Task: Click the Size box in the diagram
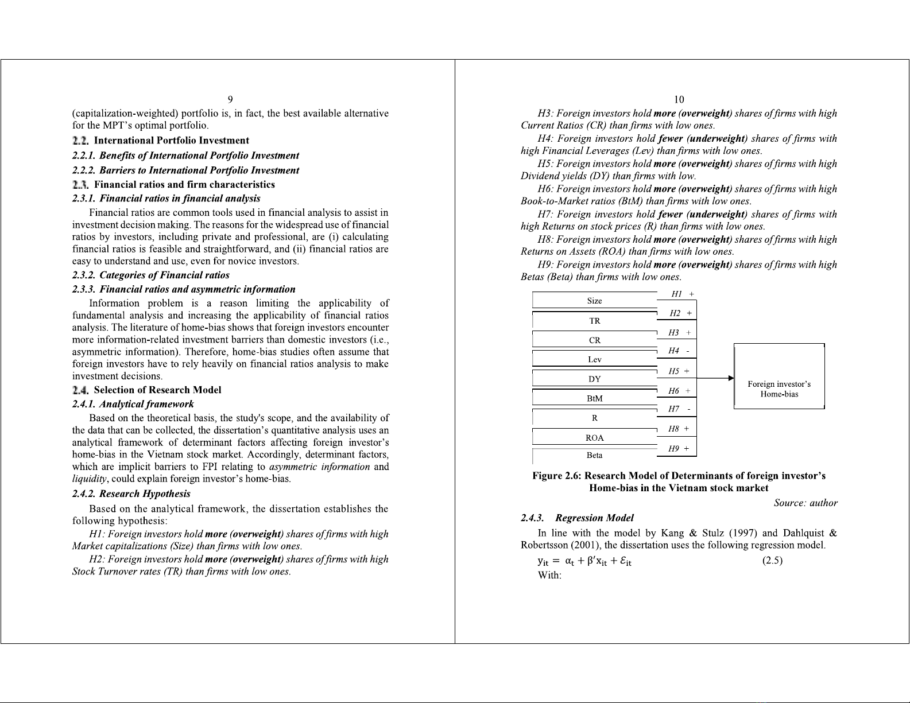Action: point(594,301)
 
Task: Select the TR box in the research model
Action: point(594,321)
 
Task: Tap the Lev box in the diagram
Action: point(594,359)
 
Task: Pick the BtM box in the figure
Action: point(594,398)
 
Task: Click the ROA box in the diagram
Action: point(594,438)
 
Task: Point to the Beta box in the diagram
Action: point(594,455)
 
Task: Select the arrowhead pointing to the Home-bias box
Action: point(731,378)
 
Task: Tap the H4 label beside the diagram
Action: point(674,351)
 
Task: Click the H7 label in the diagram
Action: point(674,409)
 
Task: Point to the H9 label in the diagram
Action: point(674,449)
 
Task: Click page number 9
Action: point(230,100)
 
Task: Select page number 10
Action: point(679,100)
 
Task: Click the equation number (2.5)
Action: point(772,561)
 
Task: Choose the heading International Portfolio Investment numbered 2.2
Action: point(171,141)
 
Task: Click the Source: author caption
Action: point(806,503)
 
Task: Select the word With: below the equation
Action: point(549,575)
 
